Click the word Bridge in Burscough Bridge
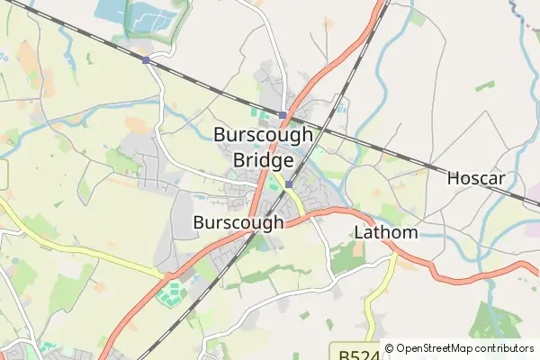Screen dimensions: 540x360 263,160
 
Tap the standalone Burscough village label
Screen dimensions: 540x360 238,221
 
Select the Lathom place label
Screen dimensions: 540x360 386,232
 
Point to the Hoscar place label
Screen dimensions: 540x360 479,178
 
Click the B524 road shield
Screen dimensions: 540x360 355,352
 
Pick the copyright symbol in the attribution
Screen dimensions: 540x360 390,348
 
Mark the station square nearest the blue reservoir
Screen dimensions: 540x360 145,60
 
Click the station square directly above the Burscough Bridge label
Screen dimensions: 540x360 283,115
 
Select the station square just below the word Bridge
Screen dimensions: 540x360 288,184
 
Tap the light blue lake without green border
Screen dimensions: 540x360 109,10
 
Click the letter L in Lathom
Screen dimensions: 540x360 358,232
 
